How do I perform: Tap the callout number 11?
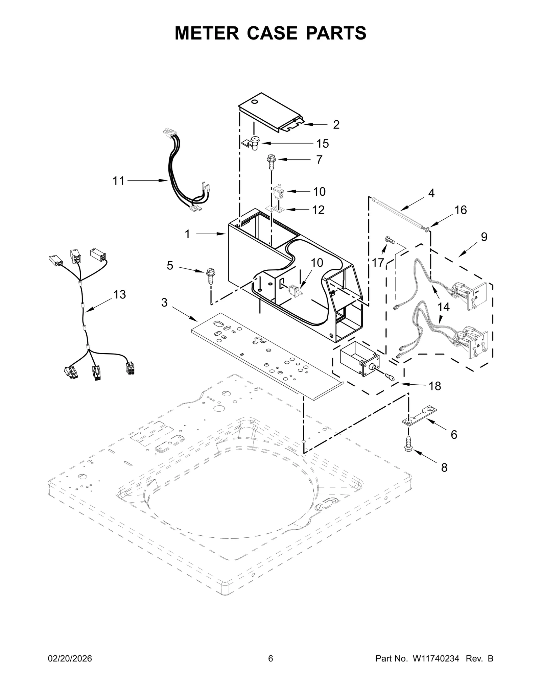coord(118,181)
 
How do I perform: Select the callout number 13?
coord(119,294)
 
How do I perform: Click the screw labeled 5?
coord(210,277)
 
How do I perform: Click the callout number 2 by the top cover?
coord(336,124)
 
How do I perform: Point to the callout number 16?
coord(461,210)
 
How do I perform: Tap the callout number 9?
coord(484,237)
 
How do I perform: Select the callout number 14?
coord(444,307)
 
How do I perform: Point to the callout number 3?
coord(164,303)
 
